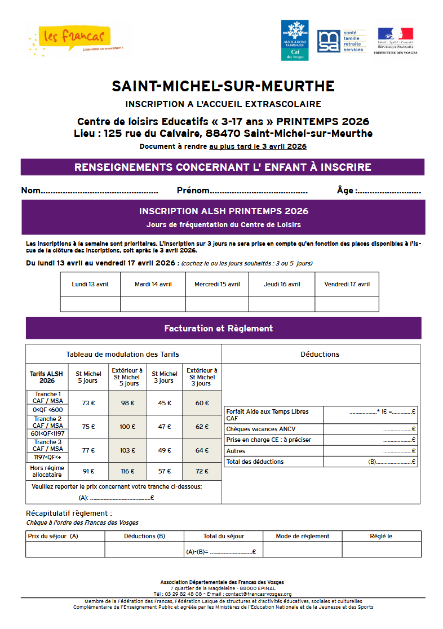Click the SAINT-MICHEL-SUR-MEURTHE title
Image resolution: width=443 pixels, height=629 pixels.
223,86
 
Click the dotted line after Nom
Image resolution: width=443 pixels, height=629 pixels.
100,191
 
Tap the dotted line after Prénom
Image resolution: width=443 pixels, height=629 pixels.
259,191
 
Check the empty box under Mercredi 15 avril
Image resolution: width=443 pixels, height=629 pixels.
217,304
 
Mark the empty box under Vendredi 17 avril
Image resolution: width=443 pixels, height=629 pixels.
347,304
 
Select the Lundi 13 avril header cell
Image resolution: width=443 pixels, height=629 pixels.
90,284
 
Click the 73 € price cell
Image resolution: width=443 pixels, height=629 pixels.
88,403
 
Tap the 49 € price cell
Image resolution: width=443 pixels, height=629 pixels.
164,450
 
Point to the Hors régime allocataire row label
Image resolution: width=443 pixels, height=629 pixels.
47,471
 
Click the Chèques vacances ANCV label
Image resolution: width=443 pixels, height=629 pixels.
252,429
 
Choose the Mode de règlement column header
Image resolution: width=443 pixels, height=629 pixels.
303,536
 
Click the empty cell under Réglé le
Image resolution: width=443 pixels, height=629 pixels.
381,550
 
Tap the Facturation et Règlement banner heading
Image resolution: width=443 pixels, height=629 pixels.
218,328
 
